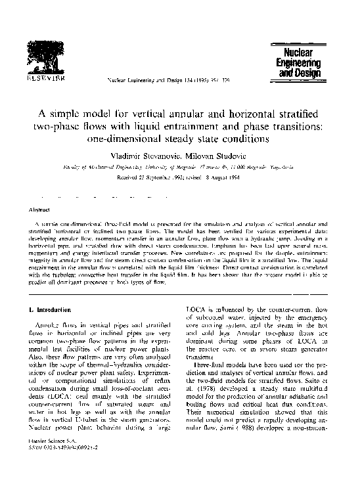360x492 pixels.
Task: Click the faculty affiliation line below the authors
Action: coord(180,167)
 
